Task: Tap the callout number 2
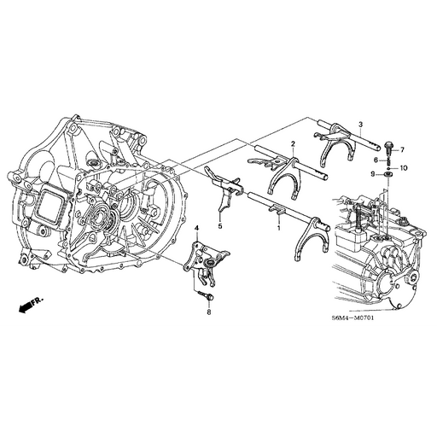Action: coord(293,143)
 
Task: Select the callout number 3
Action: coord(361,125)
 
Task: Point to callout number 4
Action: coord(196,228)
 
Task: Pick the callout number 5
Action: coord(218,227)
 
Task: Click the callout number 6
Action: coord(375,160)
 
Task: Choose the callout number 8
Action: coord(207,312)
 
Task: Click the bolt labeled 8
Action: coord(203,294)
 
